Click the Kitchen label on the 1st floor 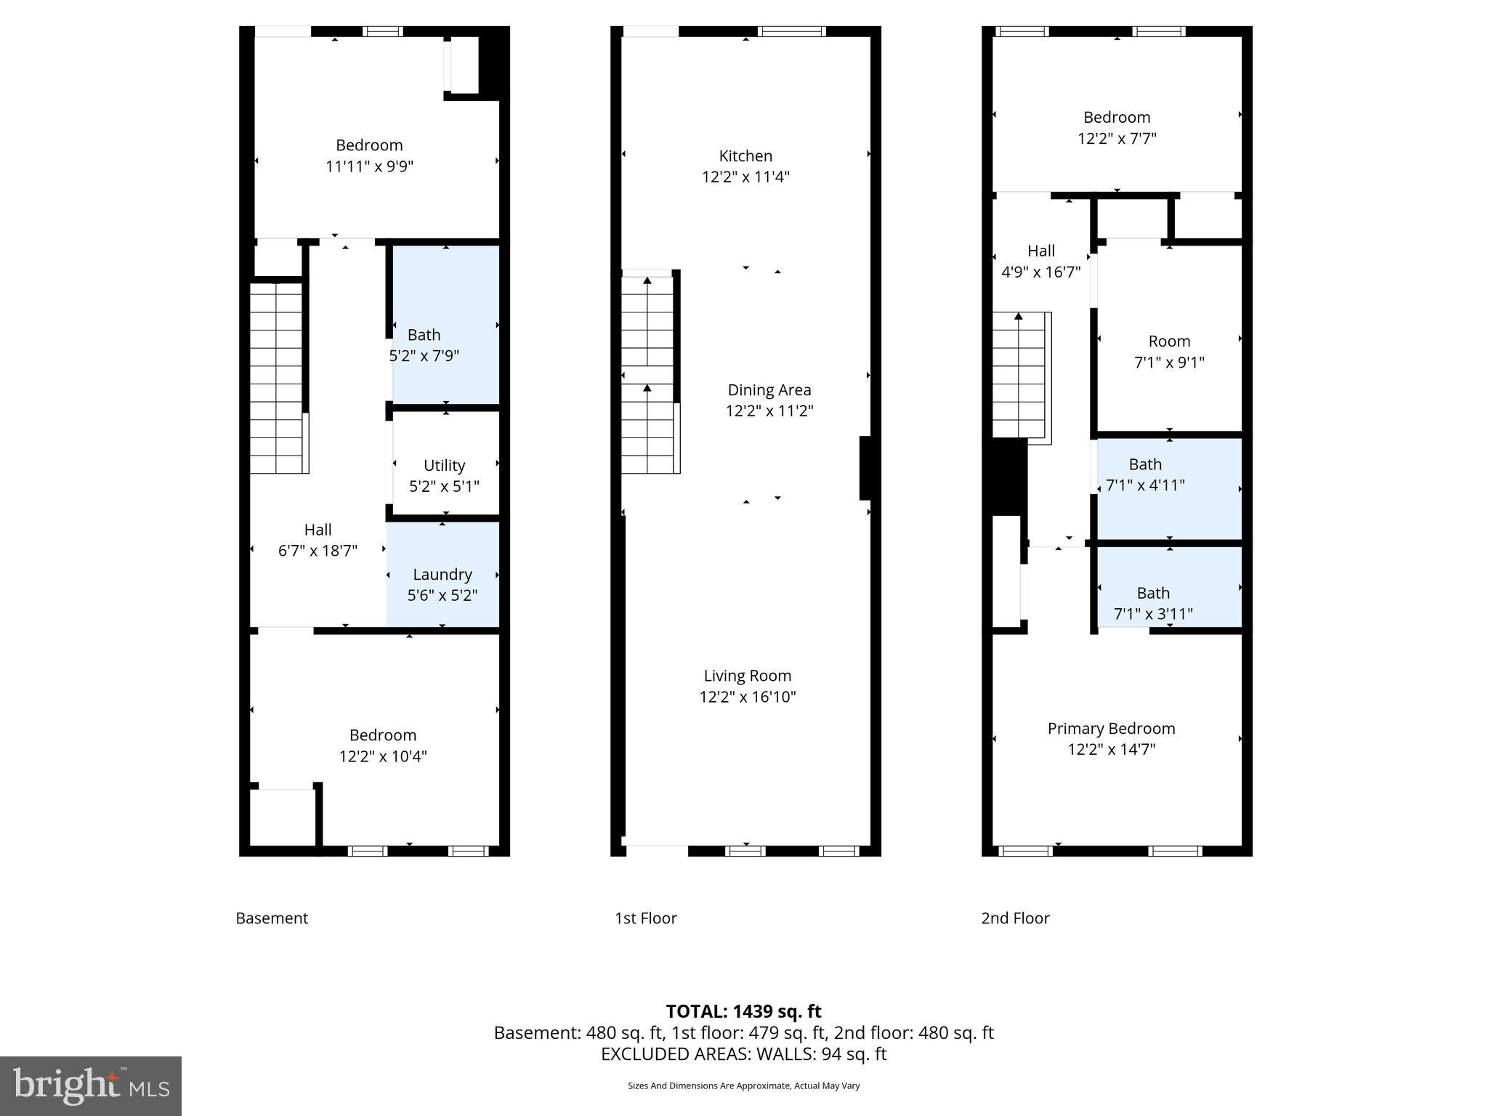tap(745, 156)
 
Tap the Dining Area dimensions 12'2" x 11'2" tap(769, 411)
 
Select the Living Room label tap(747, 676)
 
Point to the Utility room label tap(444, 466)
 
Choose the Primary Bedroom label tap(1111, 729)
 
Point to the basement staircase tap(277, 378)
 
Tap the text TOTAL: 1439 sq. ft tap(743, 1011)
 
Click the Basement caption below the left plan tap(272, 918)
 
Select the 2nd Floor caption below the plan tap(1015, 918)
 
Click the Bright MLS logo tap(91, 1085)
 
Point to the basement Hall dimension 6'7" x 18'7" tap(318, 551)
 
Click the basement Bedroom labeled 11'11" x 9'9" tap(369, 155)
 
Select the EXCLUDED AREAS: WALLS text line tap(743, 1054)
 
